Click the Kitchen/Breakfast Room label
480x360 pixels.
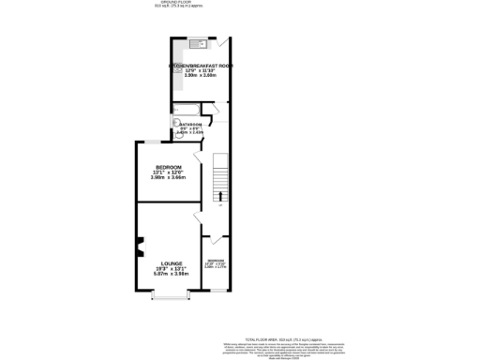tap(200, 66)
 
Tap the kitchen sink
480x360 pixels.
tap(198, 44)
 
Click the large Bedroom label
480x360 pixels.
tap(168, 167)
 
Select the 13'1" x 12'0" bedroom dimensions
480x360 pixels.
tap(168, 172)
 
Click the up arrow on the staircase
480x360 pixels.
tap(221, 196)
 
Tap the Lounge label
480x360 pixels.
tap(171, 263)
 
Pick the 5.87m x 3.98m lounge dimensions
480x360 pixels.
tap(171, 275)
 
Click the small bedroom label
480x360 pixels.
tap(216, 260)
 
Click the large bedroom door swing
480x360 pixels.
tap(196, 156)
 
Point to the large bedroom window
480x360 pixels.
tap(151, 142)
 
